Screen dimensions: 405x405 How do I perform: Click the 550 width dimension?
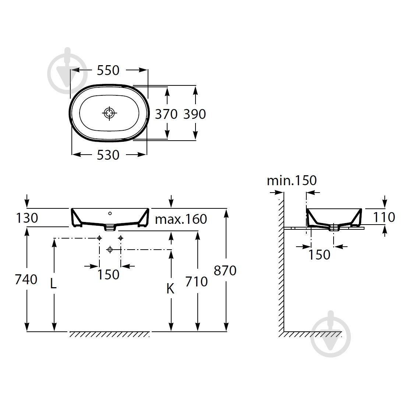pyautogui.click(x=108, y=70)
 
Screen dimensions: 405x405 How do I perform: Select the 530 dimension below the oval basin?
pyautogui.click(x=108, y=155)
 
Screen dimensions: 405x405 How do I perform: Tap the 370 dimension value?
pyautogui.click(x=166, y=114)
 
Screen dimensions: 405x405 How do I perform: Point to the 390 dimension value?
pyautogui.click(x=194, y=114)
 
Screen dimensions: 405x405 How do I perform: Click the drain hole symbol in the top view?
pyautogui.click(x=109, y=113)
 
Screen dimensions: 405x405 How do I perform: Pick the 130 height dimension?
pyautogui.click(x=27, y=218)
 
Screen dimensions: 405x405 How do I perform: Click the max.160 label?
pyautogui.click(x=181, y=219)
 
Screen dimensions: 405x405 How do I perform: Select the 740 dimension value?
pyautogui.click(x=26, y=279)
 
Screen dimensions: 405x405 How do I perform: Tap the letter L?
pyautogui.click(x=53, y=284)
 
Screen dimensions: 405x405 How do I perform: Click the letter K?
pyautogui.click(x=170, y=289)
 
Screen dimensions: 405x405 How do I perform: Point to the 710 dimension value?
pyautogui.click(x=196, y=282)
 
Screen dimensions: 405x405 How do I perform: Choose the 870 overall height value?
pyautogui.click(x=225, y=271)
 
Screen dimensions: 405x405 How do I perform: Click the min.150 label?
pyautogui.click(x=292, y=180)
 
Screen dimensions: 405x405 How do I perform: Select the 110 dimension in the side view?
pyautogui.click(x=384, y=217)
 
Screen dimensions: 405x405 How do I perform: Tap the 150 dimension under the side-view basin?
pyautogui.click(x=319, y=255)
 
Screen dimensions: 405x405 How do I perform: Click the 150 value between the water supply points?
pyautogui.click(x=108, y=275)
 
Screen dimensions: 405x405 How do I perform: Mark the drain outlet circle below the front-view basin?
pyautogui.click(x=110, y=250)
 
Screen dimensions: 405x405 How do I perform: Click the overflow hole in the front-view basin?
pyautogui.click(x=110, y=213)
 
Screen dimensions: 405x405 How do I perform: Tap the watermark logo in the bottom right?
pyautogui.click(x=331, y=334)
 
